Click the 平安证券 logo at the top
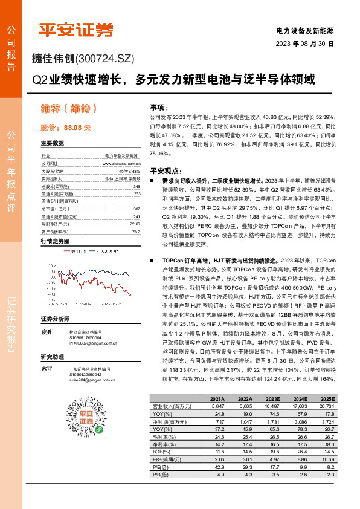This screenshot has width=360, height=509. pyautogui.click(x=76, y=30)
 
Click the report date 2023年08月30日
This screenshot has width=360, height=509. pyautogui.click(x=305, y=44)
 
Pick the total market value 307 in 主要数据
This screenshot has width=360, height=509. pyautogui.click(x=137, y=209)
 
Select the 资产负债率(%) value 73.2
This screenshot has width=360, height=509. pyautogui.click(x=136, y=232)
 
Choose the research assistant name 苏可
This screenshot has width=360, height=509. pyautogui.click(x=46, y=368)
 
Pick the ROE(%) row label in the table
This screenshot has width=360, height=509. pyautogui.click(x=161, y=452)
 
